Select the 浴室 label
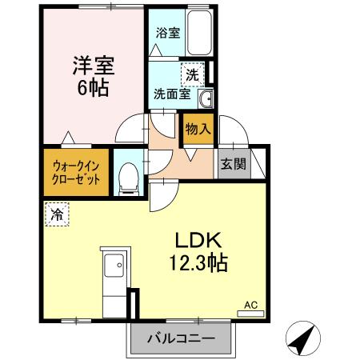tap(166, 34)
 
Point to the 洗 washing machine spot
tap(192, 74)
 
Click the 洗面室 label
tap(172, 94)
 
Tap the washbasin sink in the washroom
tap(206, 98)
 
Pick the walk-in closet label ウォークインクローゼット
tap(77, 172)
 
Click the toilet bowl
tap(126, 178)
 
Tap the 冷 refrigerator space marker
tap(57, 214)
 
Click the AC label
tap(250, 304)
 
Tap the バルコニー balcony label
tap(180, 338)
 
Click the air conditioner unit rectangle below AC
tap(250, 312)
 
